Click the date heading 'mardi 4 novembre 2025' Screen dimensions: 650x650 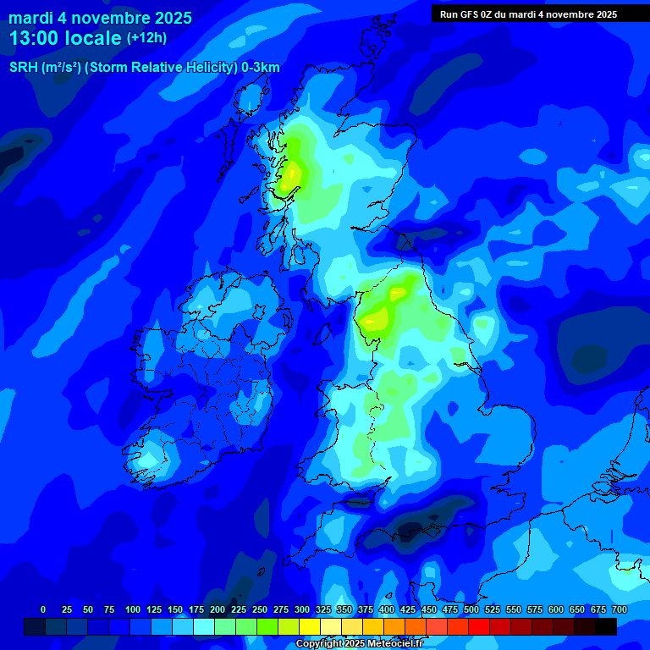(101, 18)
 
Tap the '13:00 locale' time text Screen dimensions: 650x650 (66, 38)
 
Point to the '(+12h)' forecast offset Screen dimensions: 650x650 (146, 38)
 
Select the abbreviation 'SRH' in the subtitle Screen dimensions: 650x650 (23, 68)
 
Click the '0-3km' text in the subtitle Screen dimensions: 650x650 (261, 68)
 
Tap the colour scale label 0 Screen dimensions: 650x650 (43, 609)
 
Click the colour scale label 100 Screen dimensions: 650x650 (133, 609)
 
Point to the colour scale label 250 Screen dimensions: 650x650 (260, 609)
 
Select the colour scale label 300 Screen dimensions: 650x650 (302, 609)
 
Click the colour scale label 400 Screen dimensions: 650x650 (387, 609)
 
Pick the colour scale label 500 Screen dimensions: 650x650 (471, 609)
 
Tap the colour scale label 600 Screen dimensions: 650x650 (556, 609)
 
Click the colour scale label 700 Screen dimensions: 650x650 (620, 609)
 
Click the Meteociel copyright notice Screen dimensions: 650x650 (359, 643)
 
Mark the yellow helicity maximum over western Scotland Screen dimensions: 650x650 (292, 174)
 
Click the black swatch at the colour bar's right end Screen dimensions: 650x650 (606, 626)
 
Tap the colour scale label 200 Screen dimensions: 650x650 (218, 609)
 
